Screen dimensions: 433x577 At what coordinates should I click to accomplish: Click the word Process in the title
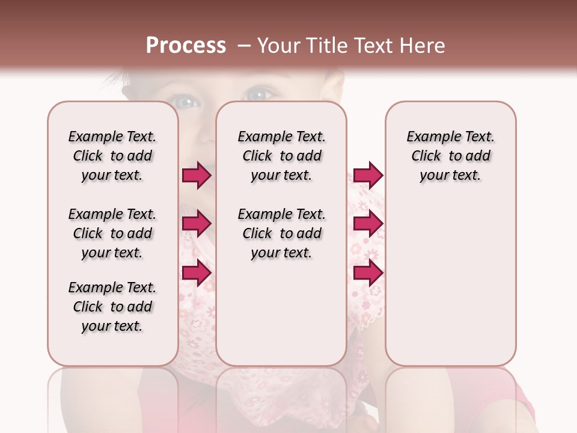pyautogui.click(x=186, y=46)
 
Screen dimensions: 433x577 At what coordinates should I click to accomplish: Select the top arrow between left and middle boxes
pyautogui.click(x=196, y=175)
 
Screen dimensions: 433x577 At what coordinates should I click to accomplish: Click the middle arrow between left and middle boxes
pyautogui.click(x=196, y=224)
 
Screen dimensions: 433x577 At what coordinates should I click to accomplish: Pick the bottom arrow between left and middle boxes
pyautogui.click(x=196, y=273)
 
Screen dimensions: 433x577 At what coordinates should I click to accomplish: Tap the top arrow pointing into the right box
pyautogui.click(x=368, y=175)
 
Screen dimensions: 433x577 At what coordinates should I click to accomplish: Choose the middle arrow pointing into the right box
pyautogui.click(x=368, y=224)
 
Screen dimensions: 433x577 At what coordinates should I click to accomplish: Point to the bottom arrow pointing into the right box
pyautogui.click(x=368, y=273)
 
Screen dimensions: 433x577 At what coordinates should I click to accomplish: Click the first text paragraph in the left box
pyautogui.click(x=112, y=156)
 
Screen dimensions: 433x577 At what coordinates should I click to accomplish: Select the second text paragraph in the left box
pyautogui.click(x=112, y=233)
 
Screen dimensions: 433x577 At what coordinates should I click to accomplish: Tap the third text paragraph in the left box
pyautogui.click(x=112, y=307)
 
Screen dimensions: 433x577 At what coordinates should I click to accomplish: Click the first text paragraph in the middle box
pyautogui.click(x=281, y=156)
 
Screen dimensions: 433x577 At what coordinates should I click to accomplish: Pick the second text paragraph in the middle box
pyautogui.click(x=281, y=233)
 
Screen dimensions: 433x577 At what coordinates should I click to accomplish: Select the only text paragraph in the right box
pyautogui.click(x=450, y=156)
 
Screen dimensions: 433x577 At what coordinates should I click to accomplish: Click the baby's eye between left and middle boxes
pyautogui.click(x=188, y=102)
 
